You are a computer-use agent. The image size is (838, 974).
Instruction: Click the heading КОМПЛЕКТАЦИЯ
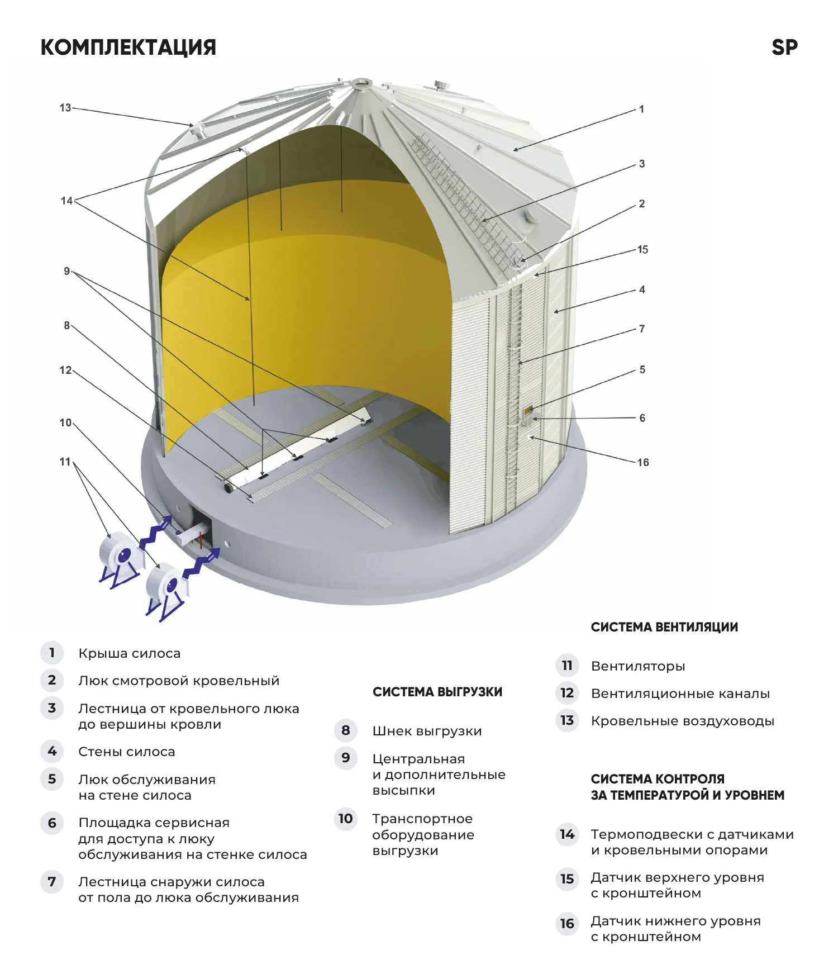coord(128,47)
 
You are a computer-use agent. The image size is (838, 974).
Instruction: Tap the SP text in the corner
coord(784,47)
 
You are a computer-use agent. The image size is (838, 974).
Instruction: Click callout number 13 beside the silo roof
coord(65,108)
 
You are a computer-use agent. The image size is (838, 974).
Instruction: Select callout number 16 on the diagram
coord(643,463)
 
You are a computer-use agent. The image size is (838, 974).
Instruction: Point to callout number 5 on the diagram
coord(642,370)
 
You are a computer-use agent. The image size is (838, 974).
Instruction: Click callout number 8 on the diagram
coord(66,326)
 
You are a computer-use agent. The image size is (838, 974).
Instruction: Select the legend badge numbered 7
coord(52,882)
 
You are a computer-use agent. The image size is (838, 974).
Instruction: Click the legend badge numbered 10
coord(345,819)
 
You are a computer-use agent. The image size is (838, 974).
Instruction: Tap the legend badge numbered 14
coord(567,835)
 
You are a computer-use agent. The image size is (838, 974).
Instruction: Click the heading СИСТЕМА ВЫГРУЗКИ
coord(437,692)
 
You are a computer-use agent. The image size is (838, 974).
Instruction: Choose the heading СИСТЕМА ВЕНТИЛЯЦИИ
coord(664,628)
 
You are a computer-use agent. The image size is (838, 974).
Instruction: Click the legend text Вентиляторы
coord(638,666)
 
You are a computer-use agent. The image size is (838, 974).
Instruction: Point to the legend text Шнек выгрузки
coord(427,731)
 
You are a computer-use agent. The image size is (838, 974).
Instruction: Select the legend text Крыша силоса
coord(129,653)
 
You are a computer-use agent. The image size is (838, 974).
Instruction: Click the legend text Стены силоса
coord(126,752)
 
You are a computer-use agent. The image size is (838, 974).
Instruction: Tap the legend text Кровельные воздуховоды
coord(682,721)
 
